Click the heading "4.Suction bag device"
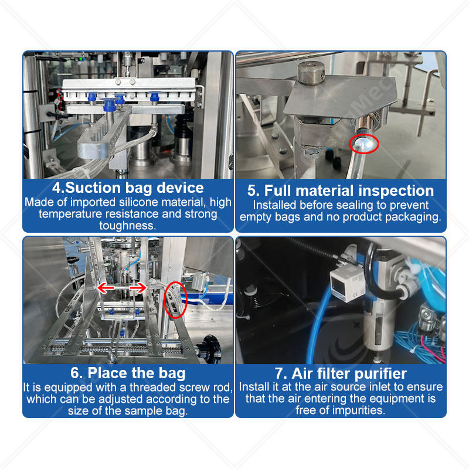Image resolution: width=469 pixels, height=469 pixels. (x=128, y=188)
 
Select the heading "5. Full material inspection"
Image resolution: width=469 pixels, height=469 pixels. (x=341, y=191)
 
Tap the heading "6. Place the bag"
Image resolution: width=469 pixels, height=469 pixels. (x=128, y=373)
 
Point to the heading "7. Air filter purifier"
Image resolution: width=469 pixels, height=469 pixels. (x=341, y=373)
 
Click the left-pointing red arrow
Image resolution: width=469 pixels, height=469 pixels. (x=106, y=288)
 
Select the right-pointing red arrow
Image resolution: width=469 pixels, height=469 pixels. (x=138, y=288)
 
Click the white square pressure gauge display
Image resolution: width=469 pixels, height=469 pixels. (x=347, y=283)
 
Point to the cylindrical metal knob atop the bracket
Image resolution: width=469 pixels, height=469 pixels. (x=311, y=73)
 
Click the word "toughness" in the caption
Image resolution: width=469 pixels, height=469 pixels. (x=128, y=226)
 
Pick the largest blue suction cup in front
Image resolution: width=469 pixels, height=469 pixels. (x=109, y=104)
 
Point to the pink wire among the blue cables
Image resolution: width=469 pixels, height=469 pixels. (x=432, y=345)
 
